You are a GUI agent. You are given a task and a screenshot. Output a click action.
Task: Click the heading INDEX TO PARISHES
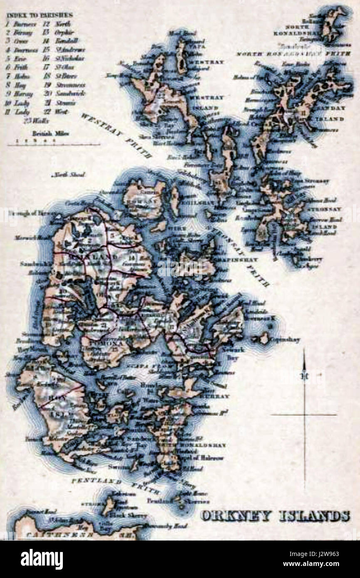(x=40, y=15)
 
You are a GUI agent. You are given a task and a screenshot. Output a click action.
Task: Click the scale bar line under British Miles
(x=54, y=144)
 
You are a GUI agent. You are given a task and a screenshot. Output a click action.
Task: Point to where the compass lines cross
(x=304, y=415)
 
